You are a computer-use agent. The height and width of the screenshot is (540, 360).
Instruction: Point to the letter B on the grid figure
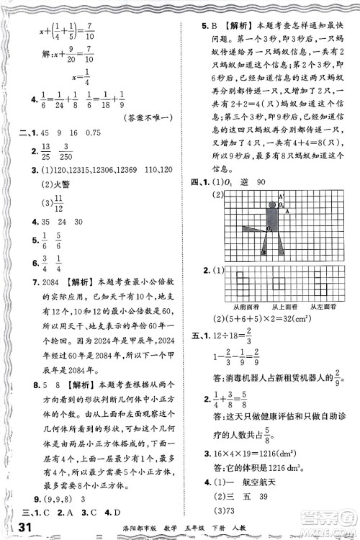[x=263, y=253]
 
